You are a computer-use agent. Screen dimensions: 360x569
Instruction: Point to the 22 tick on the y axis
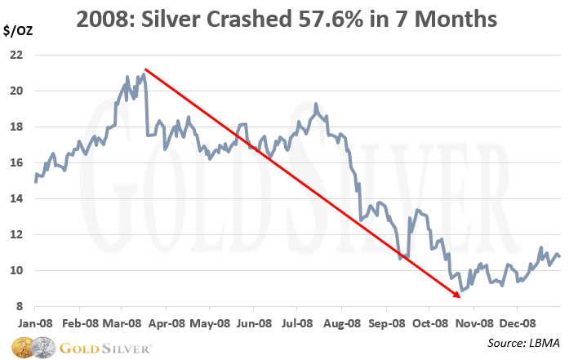15,55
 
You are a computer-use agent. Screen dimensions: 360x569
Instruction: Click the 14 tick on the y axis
15,198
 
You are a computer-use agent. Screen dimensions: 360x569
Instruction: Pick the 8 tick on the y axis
18,306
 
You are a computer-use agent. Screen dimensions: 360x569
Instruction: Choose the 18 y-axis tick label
15,127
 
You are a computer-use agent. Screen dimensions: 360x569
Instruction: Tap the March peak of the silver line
144,74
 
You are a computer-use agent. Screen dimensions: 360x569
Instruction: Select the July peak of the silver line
315,104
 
